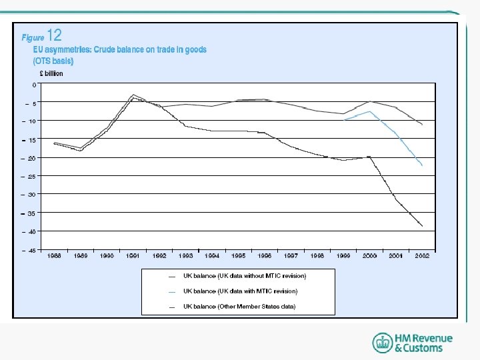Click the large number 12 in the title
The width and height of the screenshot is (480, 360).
pos(55,36)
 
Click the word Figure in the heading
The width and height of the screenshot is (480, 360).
pos(33,38)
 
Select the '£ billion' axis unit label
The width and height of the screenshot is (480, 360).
pos(50,73)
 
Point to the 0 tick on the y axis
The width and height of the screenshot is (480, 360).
pos(34,85)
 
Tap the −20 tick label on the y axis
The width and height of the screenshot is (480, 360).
pos(31,158)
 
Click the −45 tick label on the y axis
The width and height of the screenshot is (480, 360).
pos(31,250)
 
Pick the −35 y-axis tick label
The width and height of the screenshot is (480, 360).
pos(31,213)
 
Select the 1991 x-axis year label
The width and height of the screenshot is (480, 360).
pos(133,255)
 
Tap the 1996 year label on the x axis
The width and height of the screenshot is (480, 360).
pos(264,255)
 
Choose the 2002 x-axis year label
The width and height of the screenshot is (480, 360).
pos(422,255)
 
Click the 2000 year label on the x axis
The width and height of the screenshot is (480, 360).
pos(369,255)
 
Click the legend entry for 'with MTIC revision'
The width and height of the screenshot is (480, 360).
pos(240,291)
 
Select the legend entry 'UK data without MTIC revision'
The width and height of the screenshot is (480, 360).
pos(244,275)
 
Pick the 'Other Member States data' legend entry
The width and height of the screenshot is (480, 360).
pos(239,307)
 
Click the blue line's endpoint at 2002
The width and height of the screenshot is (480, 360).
pos(422,165)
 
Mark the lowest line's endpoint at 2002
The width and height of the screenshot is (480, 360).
pos(423,226)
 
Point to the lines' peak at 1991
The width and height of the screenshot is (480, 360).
pos(133,95)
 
